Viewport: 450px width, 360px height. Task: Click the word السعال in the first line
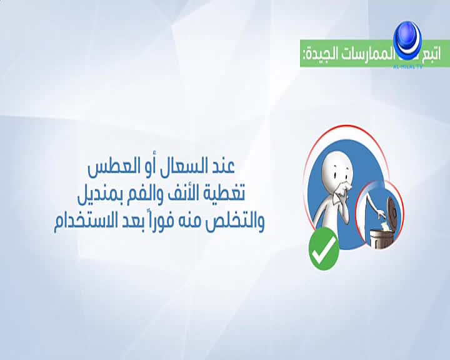point(184,167)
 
